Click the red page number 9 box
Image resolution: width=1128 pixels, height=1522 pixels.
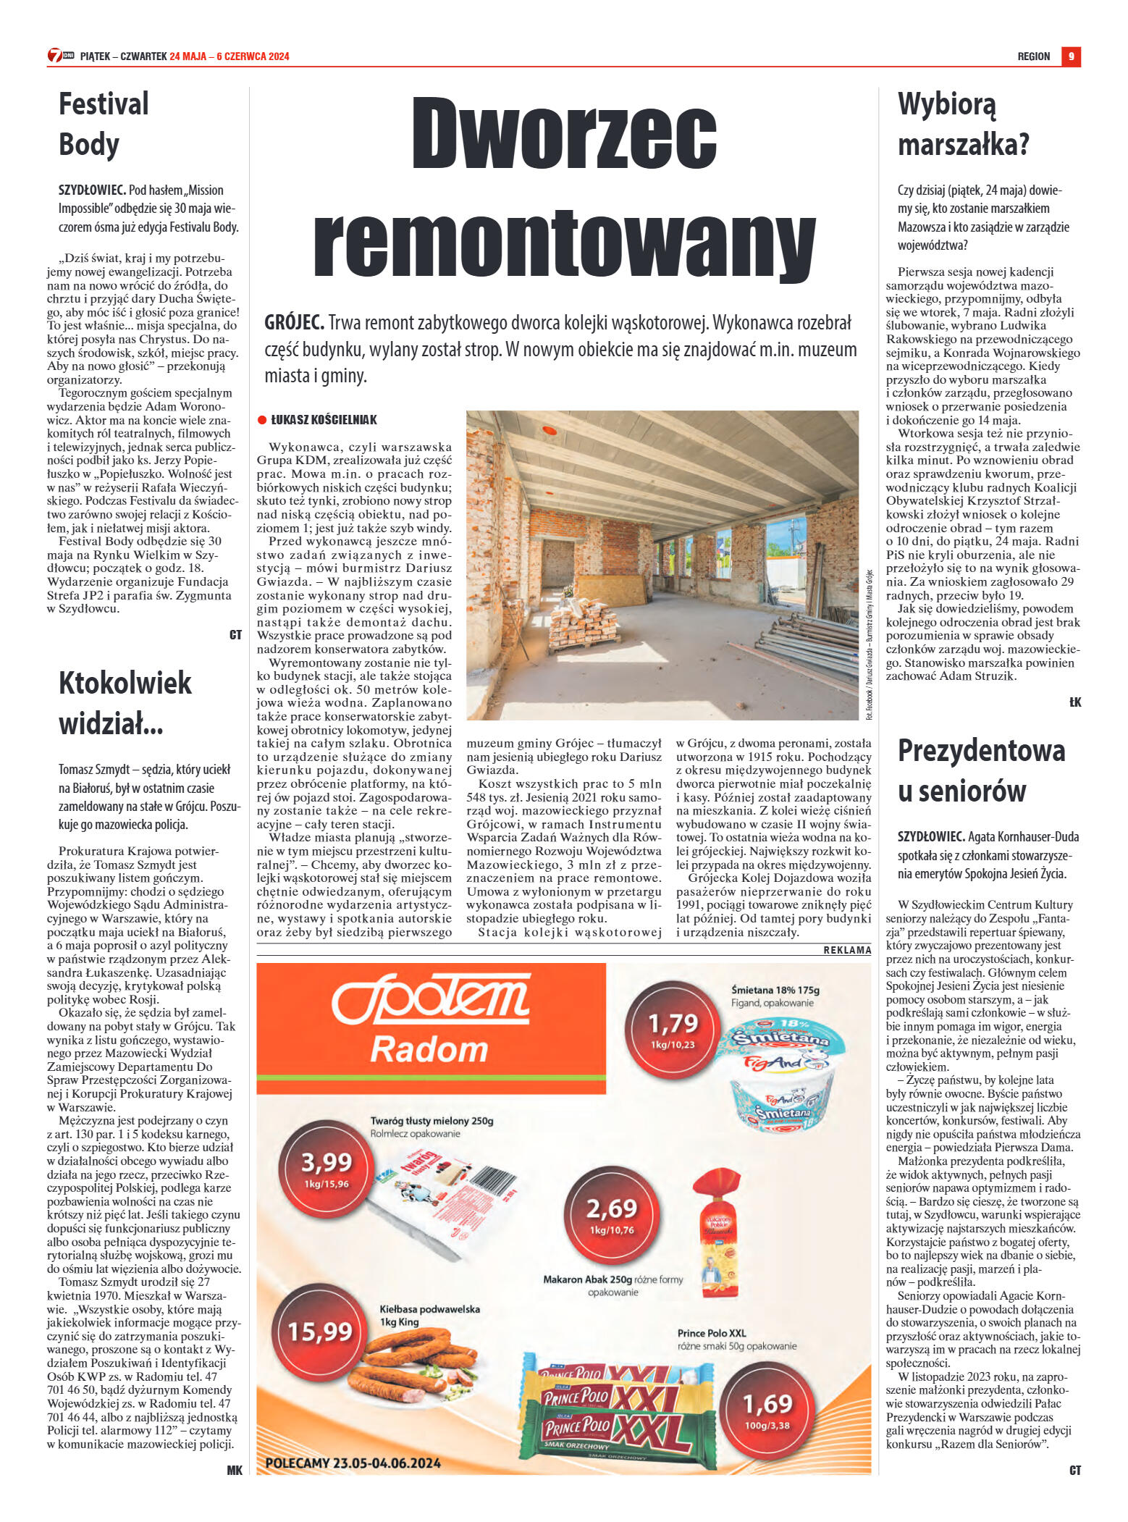(x=1071, y=56)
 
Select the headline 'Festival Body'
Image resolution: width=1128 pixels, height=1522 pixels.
(x=104, y=124)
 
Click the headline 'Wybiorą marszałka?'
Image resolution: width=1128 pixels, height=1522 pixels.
(x=963, y=125)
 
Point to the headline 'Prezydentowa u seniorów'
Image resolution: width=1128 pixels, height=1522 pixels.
(x=981, y=771)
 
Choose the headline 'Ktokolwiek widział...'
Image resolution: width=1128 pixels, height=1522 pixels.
(x=125, y=703)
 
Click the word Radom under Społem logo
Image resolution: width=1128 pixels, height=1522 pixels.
(x=429, y=1049)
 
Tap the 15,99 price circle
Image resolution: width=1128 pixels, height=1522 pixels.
(x=320, y=1331)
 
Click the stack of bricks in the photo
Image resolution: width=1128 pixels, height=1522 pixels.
(x=584, y=622)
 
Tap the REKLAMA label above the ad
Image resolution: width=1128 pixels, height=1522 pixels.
(x=847, y=950)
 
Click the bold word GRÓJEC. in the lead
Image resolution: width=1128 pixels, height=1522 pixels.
(x=294, y=323)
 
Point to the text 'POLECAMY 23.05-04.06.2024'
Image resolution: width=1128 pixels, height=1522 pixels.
(x=353, y=1463)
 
